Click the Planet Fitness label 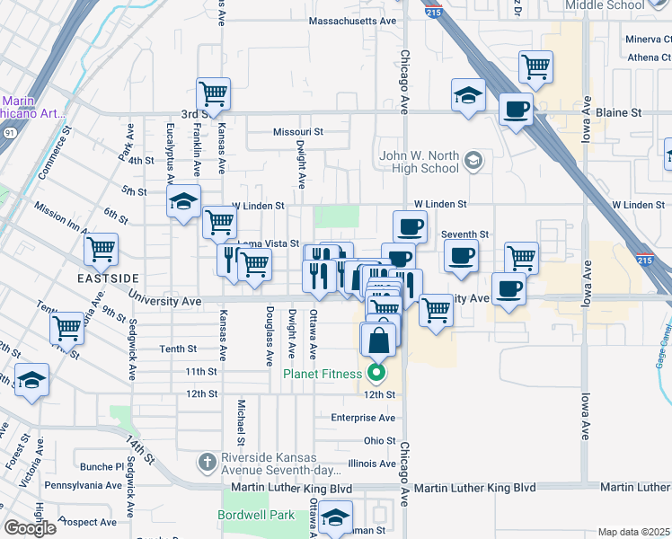tap(324, 374)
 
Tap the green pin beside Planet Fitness tap(377, 373)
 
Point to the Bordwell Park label tap(256, 516)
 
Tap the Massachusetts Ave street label tap(352, 21)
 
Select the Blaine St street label tap(619, 114)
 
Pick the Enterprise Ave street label tap(363, 418)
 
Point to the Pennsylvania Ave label tap(83, 485)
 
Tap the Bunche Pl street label tap(102, 467)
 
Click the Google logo tap(30, 528)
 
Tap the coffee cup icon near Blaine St tap(516, 110)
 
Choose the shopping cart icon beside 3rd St tap(214, 93)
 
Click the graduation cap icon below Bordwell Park tap(335, 517)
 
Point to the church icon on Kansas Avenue tap(206, 462)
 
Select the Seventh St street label tap(464, 234)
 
